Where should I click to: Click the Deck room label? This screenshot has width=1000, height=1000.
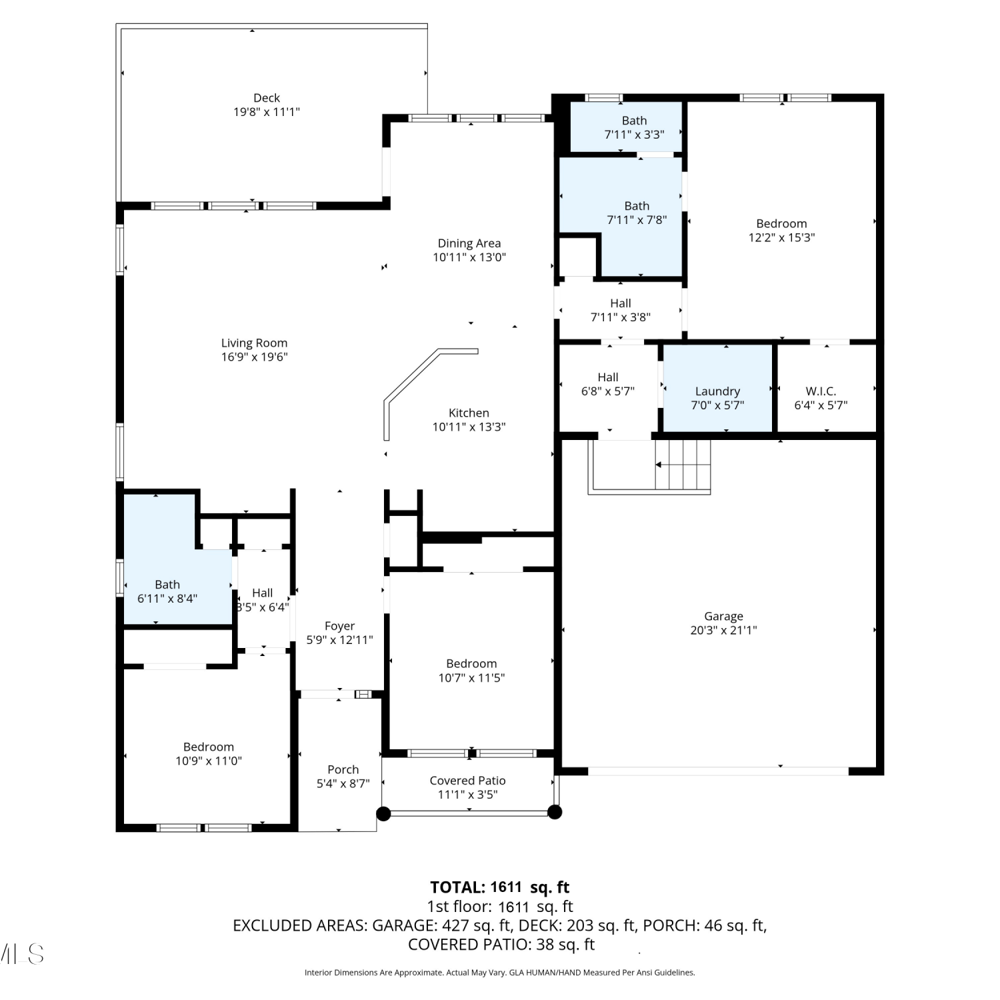[x=267, y=98]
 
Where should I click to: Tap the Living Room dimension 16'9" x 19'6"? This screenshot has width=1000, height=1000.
[x=255, y=357]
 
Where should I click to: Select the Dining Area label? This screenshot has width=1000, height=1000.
[x=469, y=243]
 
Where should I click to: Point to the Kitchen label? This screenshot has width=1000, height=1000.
[x=469, y=413]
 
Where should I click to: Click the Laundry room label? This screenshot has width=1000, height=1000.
[x=717, y=391]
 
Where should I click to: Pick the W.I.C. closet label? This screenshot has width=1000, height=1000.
[x=821, y=391]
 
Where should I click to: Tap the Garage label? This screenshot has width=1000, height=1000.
[x=723, y=617]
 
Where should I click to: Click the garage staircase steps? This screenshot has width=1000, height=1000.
[x=683, y=465]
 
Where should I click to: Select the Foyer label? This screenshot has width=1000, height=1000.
[x=340, y=626]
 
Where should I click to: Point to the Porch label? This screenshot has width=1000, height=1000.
[x=343, y=769]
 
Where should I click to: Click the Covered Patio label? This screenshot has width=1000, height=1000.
[x=468, y=781]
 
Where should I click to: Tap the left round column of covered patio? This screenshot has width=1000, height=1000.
[x=383, y=813]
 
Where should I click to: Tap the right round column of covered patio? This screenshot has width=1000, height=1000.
[x=555, y=812]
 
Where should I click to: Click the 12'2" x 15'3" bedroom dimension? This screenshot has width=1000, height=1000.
[x=782, y=237]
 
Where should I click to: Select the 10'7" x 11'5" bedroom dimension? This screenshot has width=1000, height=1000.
[x=471, y=678]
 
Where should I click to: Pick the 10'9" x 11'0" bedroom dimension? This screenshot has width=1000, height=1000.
[x=209, y=761]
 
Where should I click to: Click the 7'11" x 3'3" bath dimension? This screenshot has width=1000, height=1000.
[x=635, y=135]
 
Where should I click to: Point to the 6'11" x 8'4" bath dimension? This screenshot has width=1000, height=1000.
[x=167, y=599]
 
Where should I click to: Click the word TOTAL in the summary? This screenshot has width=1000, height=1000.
[x=457, y=887]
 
